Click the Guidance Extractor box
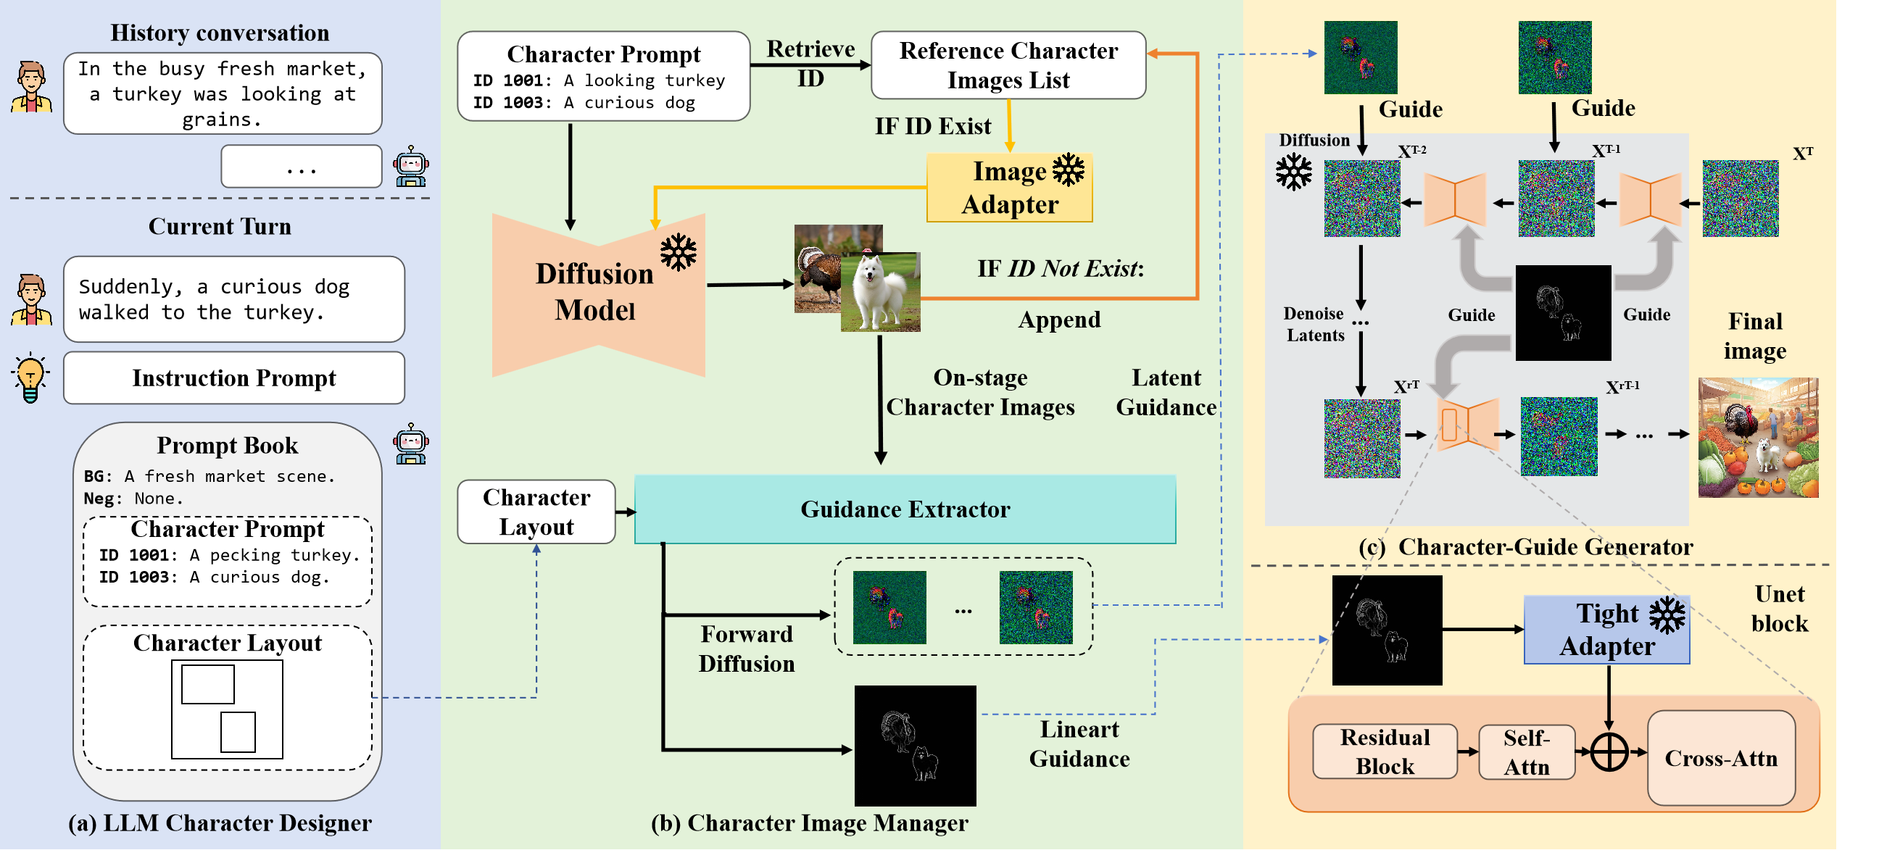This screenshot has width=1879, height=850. (905, 509)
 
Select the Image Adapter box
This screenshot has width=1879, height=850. (1009, 188)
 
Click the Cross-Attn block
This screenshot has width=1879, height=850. (1721, 758)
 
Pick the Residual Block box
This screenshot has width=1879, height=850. (1385, 751)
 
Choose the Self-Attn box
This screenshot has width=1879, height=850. (1526, 752)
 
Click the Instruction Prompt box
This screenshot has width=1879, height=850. (233, 378)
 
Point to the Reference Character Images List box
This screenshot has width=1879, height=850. (1008, 65)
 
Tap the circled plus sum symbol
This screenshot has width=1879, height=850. (1609, 751)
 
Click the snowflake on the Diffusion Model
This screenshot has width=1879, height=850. (679, 252)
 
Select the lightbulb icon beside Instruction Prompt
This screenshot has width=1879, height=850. (30, 378)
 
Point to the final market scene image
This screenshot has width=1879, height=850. (1758, 438)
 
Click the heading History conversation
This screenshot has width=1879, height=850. (220, 33)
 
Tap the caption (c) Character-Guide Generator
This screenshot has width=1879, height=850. (1525, 547)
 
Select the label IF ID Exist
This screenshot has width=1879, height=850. (932, 126)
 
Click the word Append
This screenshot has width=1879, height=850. (1059, 320)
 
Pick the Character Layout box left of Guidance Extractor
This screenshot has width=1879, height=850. (536, 512)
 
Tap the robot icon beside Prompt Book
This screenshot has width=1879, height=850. (410, 444)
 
